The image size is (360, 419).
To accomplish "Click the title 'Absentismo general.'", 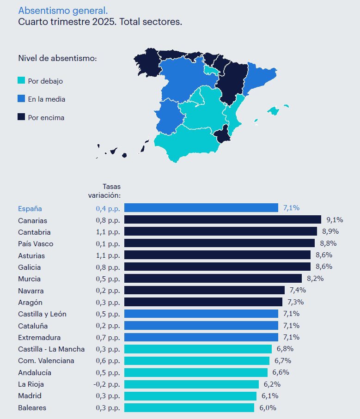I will [x=63, y=10].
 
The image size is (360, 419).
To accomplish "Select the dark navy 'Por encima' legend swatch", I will [x=21, y=117].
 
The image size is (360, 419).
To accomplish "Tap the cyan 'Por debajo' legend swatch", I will [x=21, y=81].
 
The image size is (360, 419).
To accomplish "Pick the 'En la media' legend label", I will [x=46, y=99].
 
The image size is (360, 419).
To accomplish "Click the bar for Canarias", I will [x=222, y=219].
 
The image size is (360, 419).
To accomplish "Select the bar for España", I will [x=201, y=208].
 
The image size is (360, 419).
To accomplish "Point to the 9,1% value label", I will [x=335, y=220].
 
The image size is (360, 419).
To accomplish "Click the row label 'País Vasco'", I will [x=36, y=243].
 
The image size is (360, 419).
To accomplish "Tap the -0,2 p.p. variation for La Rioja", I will [x=107, y=384].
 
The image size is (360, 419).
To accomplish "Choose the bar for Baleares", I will [x=189, y=407].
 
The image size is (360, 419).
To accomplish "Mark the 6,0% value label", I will [x=268, y=408].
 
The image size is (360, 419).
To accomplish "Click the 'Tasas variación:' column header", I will [x=104, y=191].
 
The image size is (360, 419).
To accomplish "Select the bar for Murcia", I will [x=213, y=279].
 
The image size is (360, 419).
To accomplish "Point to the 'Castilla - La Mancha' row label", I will [x=51, y=349].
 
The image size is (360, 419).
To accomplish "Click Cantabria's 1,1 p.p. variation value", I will [x=108, y=232].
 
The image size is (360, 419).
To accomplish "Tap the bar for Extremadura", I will [x=201, y=337].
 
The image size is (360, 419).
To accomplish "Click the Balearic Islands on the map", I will [x=274, y=111].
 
